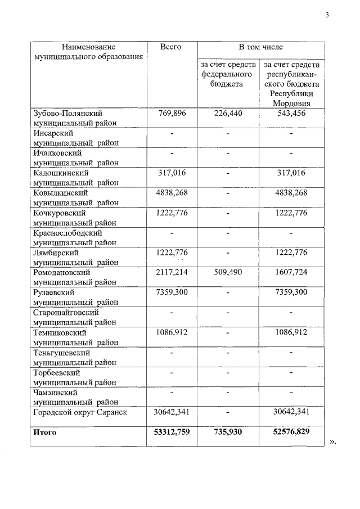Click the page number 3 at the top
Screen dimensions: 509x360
(327, 15)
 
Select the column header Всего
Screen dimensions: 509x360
(170, 47)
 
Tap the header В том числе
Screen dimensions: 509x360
(260, 47)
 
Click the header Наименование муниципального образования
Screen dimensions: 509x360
(88, 52)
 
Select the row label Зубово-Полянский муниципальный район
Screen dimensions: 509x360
(75, 118)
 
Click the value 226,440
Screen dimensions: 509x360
(228, 113)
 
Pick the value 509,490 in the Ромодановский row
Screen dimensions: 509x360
(228, 272)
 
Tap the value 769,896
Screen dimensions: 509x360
(170, 113)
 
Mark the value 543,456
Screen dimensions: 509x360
(292, 113)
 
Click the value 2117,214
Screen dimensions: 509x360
(170, 272)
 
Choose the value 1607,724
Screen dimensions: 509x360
(292, 272)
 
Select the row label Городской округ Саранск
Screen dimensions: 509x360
(80, 412)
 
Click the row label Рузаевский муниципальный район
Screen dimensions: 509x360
(75, 297)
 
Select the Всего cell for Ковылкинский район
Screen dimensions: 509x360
(170, 192)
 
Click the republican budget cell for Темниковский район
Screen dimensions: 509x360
(292, 332)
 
